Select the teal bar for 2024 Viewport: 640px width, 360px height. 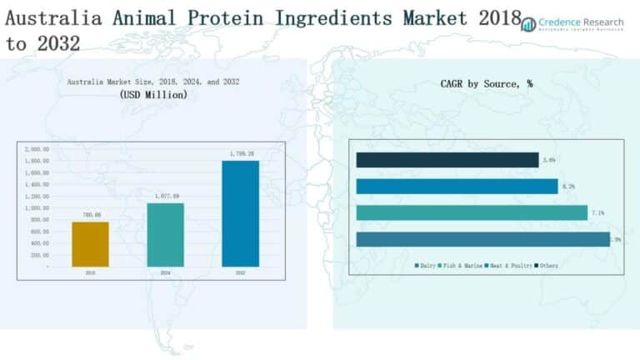coord(165,235)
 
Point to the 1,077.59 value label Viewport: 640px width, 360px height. coord(165,197)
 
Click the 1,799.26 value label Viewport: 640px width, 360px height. coord(240,154)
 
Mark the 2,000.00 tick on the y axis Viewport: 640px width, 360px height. coord(37,149)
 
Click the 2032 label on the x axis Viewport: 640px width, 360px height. coord(240,272)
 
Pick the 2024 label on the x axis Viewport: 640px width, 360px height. coord(165,272)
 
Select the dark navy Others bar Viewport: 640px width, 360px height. coord(447,160)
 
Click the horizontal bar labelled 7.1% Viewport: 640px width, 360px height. coord(471,212)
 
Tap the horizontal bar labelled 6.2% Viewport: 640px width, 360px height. coord(457,187)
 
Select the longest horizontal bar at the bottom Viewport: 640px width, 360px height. coord(482,239)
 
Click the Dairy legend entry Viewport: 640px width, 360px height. coord(425,265)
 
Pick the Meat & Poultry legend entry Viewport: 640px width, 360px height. coord(508,265)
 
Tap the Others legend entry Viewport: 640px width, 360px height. coord(547,265)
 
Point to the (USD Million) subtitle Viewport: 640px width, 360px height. coord(154,94)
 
